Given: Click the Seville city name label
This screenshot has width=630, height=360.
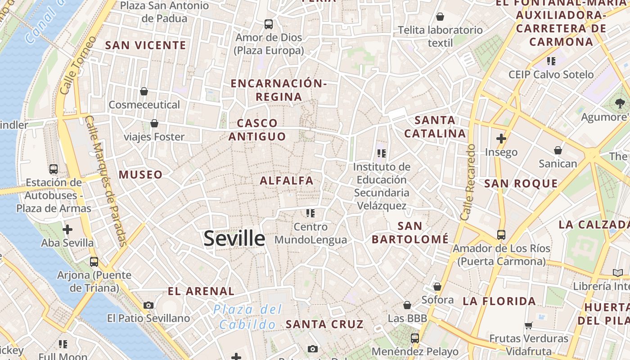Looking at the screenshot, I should tap(234, 238).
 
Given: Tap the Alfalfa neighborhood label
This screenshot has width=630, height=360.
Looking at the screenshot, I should tap(287, 180).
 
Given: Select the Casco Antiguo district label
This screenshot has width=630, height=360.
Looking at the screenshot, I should tap(257, 130).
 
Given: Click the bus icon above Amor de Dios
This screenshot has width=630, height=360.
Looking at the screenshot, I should tap(269, 24).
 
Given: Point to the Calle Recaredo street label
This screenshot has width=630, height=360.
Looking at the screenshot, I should tap(468, 182).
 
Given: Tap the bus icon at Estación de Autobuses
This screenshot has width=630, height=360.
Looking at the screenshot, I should tap(54, 169).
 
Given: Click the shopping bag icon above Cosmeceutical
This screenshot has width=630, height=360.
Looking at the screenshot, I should tap(144, 91).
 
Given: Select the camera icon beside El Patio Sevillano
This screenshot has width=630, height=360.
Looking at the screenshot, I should tap(148, 305).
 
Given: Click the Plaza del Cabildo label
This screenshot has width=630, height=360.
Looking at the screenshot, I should tap(247, 317).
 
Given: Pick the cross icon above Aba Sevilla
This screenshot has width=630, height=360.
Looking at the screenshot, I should tap(67, 229).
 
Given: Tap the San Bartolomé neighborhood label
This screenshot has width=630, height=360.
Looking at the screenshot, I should tap(410, 233).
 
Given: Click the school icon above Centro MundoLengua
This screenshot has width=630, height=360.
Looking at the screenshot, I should tap(310, 213).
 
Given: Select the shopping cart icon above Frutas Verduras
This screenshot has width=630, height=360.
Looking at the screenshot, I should tap(529, 325).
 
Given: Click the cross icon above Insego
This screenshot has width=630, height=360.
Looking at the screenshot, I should tap(501, 139).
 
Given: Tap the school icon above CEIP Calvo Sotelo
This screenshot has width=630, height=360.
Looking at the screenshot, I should tap(551, 61).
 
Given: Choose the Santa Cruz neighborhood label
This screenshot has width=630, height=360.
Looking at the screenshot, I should tap(324, 324).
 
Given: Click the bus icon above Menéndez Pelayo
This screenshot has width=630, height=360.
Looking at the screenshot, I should tap(415, 338).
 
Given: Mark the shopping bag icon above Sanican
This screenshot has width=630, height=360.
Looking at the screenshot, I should tap(558, 150).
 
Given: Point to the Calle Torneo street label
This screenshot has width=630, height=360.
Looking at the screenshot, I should tap(77, 65).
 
